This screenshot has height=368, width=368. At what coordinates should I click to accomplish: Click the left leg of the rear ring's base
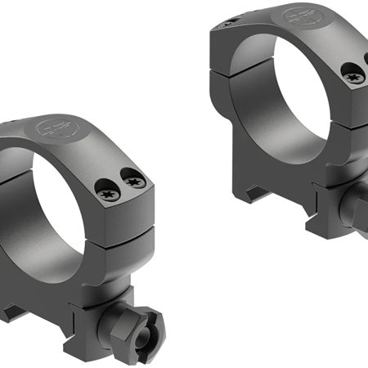pos(237,164)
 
